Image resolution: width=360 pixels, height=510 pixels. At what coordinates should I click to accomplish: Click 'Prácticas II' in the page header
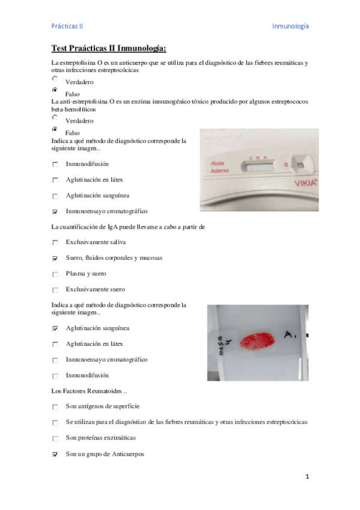coord(67,26)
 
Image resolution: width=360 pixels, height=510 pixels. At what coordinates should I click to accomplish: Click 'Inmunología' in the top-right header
coord(290,26)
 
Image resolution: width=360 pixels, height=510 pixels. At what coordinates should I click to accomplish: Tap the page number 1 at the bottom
coord(307,477)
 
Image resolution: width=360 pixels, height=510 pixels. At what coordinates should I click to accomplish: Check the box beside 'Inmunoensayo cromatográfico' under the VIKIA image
coord(55,212)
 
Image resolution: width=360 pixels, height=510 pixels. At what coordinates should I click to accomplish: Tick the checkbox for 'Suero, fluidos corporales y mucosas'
coord(55,259)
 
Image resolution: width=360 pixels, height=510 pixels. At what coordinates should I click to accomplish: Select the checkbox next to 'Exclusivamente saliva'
coord(55,243)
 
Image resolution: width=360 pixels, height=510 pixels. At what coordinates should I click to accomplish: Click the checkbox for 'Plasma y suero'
coord(55,274)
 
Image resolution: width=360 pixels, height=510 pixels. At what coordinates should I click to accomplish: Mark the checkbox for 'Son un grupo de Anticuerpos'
coord(55,455)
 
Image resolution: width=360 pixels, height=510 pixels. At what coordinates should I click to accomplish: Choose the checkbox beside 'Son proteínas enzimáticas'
coord(55,439)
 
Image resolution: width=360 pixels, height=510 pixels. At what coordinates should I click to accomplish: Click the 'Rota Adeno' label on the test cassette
coord(219,167)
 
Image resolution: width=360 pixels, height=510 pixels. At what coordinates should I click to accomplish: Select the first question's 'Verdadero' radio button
coord(55,79)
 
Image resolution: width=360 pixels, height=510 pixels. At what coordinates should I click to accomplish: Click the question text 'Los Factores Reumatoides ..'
coord(89,391)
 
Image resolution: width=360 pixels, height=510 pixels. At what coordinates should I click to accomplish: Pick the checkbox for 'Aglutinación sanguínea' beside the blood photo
coord(55,329)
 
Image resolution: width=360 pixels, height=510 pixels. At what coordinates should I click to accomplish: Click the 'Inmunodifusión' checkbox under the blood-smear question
coord(55,376)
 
